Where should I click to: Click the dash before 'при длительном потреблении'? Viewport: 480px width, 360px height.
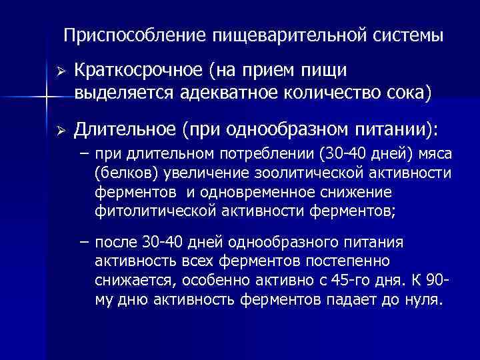[x=83, y=155]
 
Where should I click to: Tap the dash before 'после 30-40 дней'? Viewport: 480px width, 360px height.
[x=83, y=242]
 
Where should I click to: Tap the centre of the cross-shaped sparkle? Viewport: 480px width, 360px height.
[x=45, y=98]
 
